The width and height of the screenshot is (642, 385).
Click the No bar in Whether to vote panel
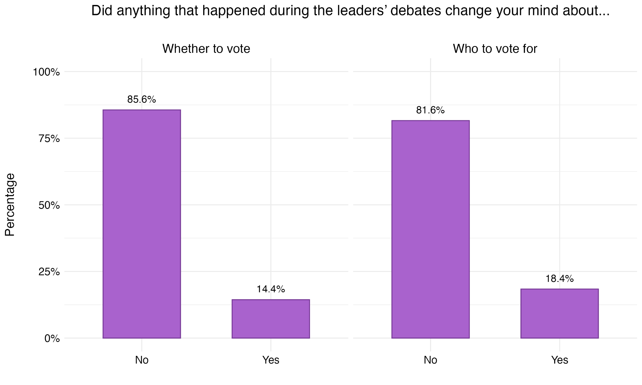142,224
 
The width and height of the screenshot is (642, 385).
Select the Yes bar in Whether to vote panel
271,319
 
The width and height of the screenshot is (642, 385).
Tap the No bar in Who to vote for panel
430,229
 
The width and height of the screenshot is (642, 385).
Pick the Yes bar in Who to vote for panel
560,314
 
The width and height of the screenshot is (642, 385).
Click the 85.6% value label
142,100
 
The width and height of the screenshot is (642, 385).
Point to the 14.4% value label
271,289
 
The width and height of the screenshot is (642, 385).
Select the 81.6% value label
430,110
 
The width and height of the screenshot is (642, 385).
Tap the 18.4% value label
560,279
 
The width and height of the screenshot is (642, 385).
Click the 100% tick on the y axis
46,72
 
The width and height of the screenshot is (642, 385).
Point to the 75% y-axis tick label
49,138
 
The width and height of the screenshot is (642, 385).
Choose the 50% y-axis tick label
49,205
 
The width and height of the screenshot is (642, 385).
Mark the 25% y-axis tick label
49,272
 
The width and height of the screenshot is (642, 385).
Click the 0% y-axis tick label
52,338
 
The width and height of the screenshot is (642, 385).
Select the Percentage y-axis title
10,205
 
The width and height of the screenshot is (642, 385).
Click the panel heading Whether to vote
206,49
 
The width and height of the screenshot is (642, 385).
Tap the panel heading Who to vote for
495,49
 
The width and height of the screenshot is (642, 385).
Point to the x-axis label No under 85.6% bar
142,360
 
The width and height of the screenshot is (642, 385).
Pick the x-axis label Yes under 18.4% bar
560,360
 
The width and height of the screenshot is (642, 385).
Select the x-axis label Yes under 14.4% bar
271,360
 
